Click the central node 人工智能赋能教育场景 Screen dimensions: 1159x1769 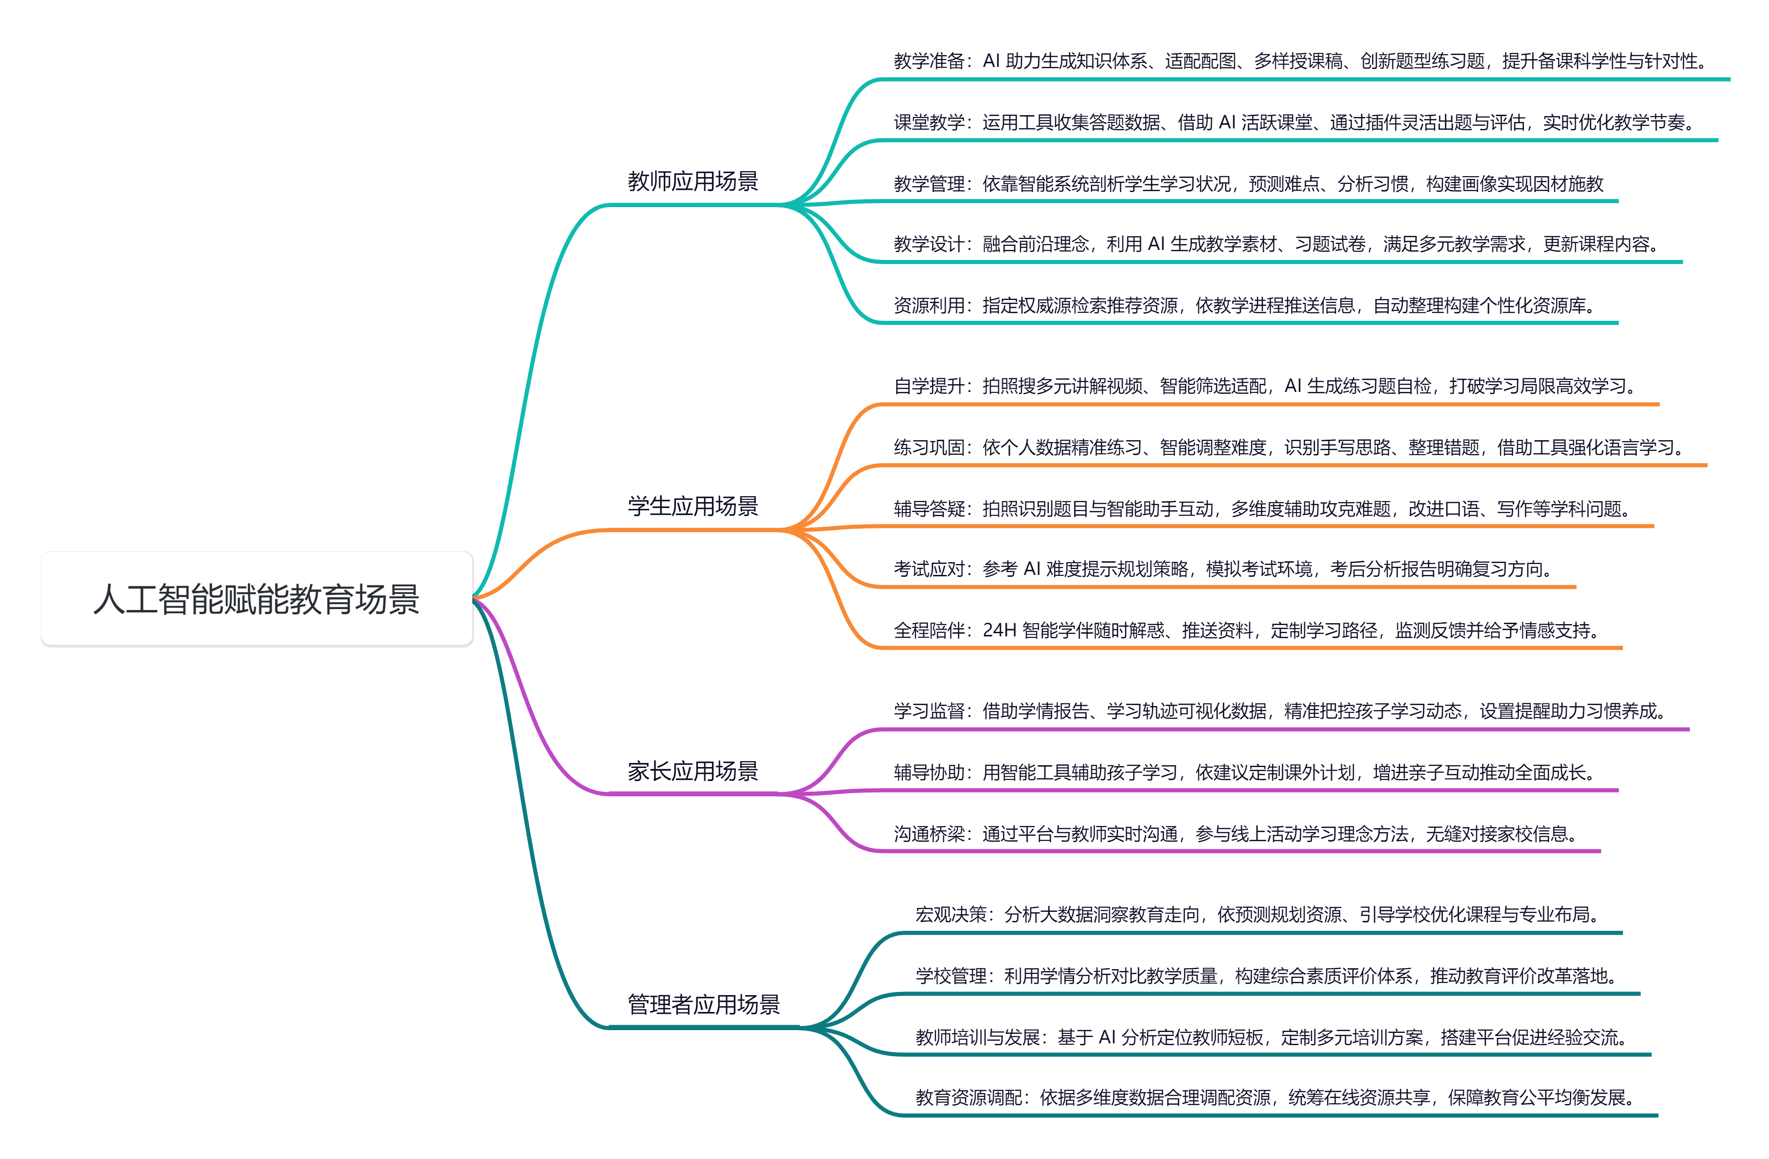257,599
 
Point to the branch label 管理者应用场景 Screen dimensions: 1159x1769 703,1004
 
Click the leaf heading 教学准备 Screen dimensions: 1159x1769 928,61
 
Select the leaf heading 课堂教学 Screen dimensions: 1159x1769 928,122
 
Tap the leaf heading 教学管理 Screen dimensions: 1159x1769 928,183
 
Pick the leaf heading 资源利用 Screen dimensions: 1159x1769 928,305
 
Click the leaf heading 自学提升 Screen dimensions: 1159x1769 928,386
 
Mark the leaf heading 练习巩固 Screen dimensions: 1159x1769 928,447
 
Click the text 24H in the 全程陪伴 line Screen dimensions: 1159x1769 999,630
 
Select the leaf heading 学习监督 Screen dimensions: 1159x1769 928,712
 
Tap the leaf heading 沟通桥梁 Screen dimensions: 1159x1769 928,834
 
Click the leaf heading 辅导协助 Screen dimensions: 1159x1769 928,773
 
